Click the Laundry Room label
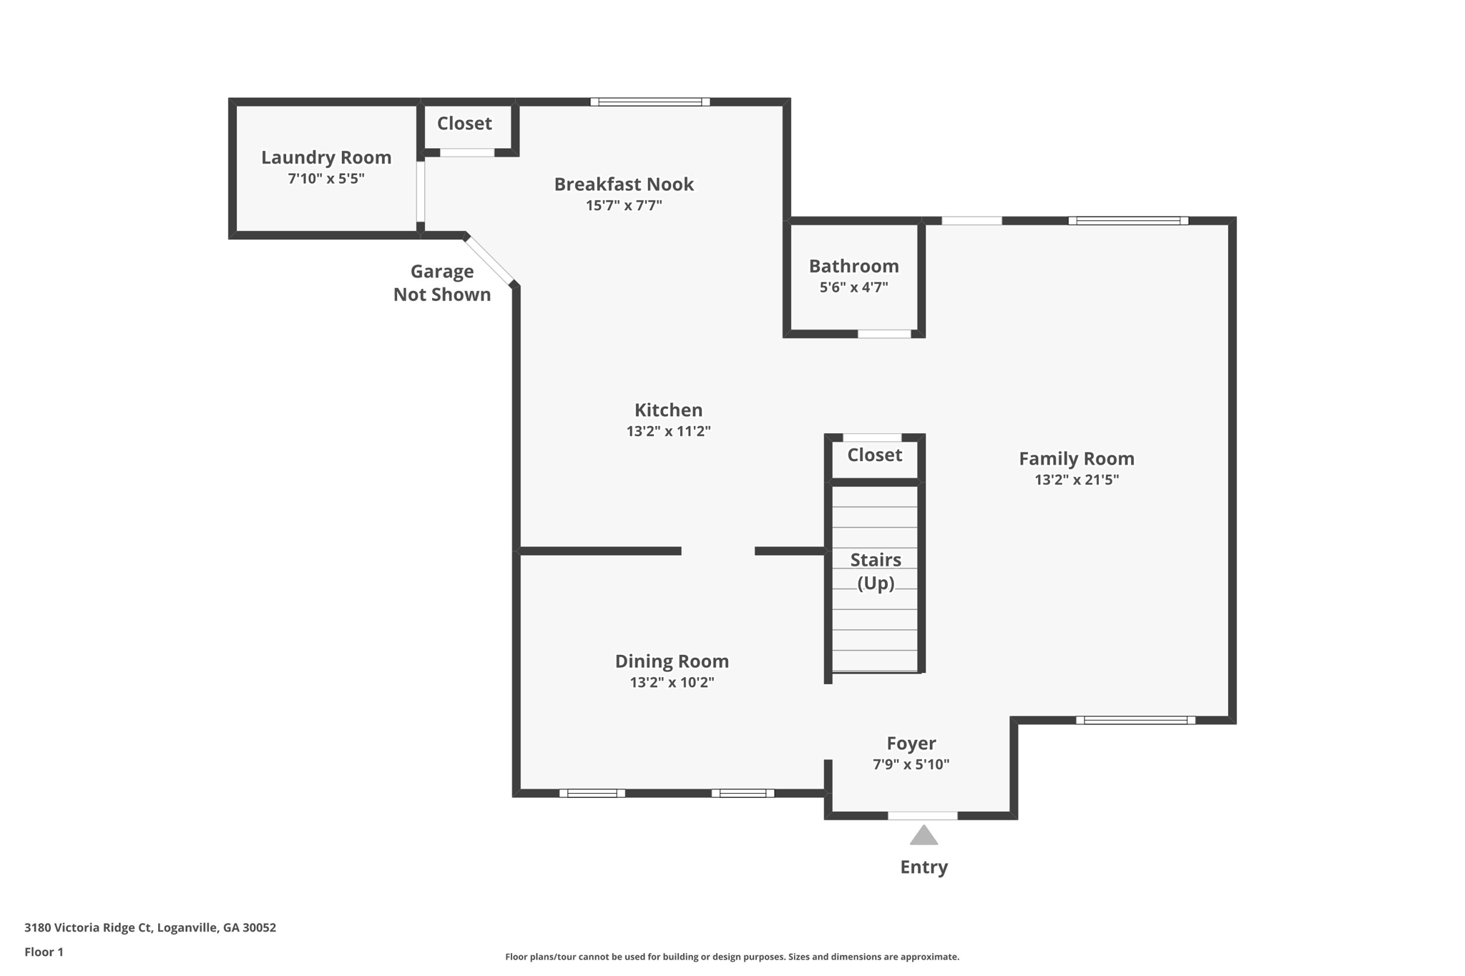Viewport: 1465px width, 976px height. point(326,157)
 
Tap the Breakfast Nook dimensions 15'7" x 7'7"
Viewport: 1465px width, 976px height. point(624,206)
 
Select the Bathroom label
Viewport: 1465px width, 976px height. point(853,266)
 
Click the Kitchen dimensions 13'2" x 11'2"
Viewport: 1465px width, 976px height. point(668,431)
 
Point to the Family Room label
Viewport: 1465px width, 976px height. point(1076,458)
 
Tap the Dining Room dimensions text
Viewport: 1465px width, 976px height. point(672,682)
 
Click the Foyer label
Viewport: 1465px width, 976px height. point(911,744)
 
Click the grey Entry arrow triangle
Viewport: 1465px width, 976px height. point(923,836)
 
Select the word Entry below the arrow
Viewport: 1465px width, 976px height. point(923,867)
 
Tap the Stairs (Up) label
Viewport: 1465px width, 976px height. point(876,571)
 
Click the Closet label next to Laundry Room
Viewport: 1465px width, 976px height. point(464,124)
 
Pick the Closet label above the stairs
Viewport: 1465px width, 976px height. point(874,455)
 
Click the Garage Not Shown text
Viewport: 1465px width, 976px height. point(442,283)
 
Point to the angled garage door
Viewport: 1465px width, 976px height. point(490,260)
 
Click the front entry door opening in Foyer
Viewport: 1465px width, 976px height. point(922,816)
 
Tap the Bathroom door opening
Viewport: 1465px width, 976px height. point(884,334)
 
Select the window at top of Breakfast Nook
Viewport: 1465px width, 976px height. point(650,102)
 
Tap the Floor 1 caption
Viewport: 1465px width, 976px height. point(44,952)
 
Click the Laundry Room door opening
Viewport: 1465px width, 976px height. point(421,191)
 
